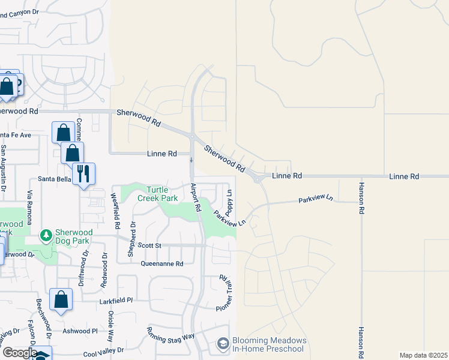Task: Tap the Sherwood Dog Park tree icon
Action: pos(46,235)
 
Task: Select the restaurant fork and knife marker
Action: pos(83,173)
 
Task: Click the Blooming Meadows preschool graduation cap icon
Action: pos(223,344)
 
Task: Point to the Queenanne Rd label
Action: pos(161,263)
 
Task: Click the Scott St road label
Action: pos(149,245)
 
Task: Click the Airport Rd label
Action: pos(195,197)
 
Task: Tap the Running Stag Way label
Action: pos(170,334)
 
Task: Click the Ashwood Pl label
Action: pos(79,331)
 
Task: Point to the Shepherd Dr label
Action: pos(131,241)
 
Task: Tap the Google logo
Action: pos(19,353)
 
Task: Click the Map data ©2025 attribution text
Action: pos(423,355)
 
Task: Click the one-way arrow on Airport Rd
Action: pos(191,160)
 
